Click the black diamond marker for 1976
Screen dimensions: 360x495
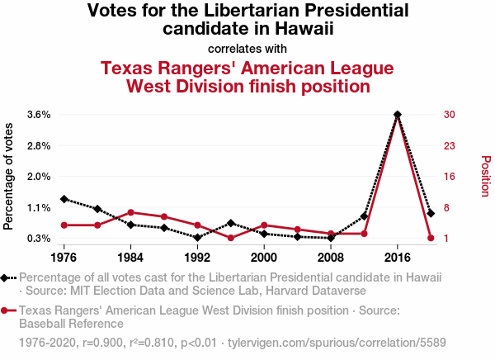64,199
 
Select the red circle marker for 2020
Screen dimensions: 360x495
431,238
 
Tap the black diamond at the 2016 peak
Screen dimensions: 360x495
398,115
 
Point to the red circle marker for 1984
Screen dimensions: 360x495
130,212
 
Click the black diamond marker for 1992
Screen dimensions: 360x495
197,238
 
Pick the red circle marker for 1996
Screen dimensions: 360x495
231,238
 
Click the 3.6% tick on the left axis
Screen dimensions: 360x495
40,114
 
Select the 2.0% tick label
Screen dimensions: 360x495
40,176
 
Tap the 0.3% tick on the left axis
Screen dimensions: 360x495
40,239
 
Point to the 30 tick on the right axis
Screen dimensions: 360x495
450,114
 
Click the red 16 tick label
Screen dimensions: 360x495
450,176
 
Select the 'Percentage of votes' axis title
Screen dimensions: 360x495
9,176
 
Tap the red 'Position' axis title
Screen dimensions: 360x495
485,176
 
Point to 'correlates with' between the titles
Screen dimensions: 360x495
247,49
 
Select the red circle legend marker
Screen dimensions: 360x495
8,310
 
